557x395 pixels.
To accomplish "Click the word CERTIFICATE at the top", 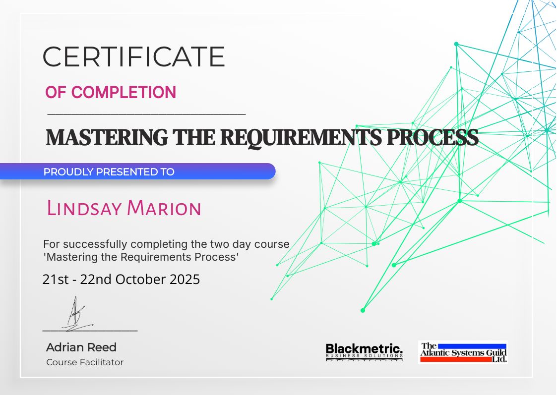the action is [x=134, y=56].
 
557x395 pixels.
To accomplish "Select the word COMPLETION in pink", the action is [x=124, y=92].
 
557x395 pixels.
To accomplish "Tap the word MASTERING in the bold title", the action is [x=107, y=137].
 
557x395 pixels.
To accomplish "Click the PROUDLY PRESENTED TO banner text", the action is [x=109, y=172].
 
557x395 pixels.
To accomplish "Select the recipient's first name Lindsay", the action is [x=84, y=208].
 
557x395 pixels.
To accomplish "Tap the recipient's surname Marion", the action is [x=164, y=208].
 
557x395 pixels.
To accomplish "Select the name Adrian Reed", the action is [x=81, y=347].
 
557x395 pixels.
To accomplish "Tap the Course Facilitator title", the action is [x=85, y=362].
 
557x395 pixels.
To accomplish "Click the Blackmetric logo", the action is [x=365, y=352].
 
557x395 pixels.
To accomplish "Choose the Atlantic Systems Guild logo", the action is [x=463, y=352].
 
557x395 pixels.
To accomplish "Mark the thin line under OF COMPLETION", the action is [x=147, y=114].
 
